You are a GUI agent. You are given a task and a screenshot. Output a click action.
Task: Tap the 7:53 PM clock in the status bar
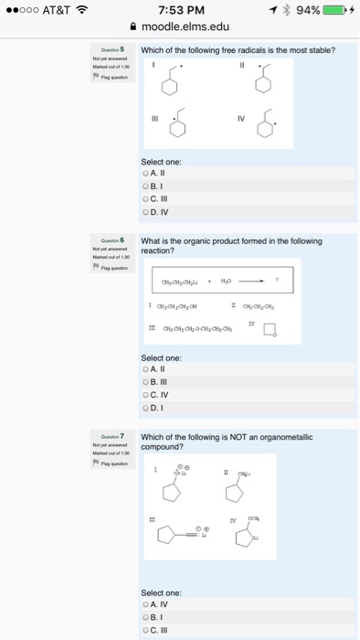pos(179,10)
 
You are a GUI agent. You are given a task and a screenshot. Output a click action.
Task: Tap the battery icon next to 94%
pos(335,10)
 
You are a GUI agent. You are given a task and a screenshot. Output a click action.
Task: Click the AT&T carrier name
pos(63,10)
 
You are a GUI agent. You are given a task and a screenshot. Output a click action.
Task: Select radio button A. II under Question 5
pos(146,173)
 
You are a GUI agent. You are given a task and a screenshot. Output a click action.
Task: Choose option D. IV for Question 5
pos(146,212)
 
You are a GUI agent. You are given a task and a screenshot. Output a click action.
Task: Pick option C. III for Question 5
pos(146,199)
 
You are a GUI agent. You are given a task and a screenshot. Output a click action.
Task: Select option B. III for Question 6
pos(146,381)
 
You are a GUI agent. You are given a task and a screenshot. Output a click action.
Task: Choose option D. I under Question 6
pos(146,407)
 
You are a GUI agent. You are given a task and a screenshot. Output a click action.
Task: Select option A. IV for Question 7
pos(146,604)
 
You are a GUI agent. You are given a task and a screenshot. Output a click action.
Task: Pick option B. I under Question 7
pos(146,617)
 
